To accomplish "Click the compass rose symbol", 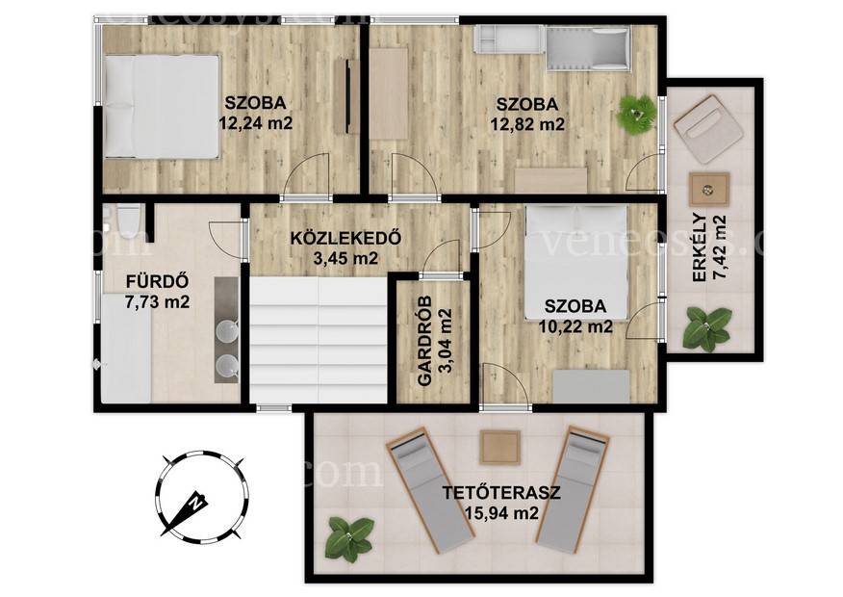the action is tap(202, 495).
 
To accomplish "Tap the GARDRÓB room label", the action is tap(425, 341).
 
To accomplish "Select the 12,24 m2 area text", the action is tap(256, 123).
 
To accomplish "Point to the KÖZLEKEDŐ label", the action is tap(345, 238).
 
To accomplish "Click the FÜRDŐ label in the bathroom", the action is tap(157, 281).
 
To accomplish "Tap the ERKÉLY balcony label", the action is tap(699, 247).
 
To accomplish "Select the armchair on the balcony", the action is tap(703, 129).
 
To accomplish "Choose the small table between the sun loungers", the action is tap(500, 448).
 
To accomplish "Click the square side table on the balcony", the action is tap(709, 189).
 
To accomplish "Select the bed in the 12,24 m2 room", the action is tap(162, 106).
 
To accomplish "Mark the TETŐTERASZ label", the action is tap(501, 493).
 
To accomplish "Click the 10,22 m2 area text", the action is tap(575, 326).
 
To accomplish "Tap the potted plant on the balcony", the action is tap(707, 329).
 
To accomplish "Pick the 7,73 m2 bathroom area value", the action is tap(157, 302).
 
